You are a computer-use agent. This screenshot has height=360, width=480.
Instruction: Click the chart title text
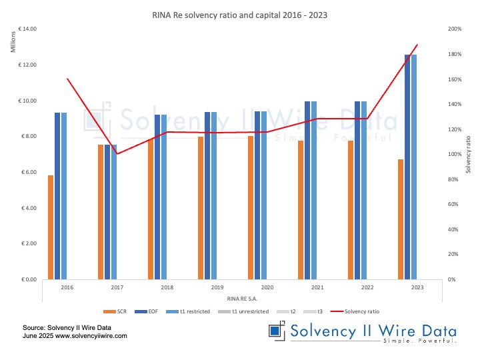click(x=239, y=13)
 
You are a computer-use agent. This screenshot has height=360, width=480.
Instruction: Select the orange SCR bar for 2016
click(x=51, y=227)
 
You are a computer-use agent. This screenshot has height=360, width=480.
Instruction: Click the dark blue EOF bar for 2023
click(x=407, y=167)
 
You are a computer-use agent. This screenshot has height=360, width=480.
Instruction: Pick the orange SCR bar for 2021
click(x=301, y=209)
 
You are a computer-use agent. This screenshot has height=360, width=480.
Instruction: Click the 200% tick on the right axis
click(x=456, y=29)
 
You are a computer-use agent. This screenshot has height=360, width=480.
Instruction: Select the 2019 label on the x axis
click(x=217, y=287)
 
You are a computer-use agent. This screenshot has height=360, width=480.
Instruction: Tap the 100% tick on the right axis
click(x=456, y=155)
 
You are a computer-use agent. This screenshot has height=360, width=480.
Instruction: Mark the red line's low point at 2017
click(x=117, y=154)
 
